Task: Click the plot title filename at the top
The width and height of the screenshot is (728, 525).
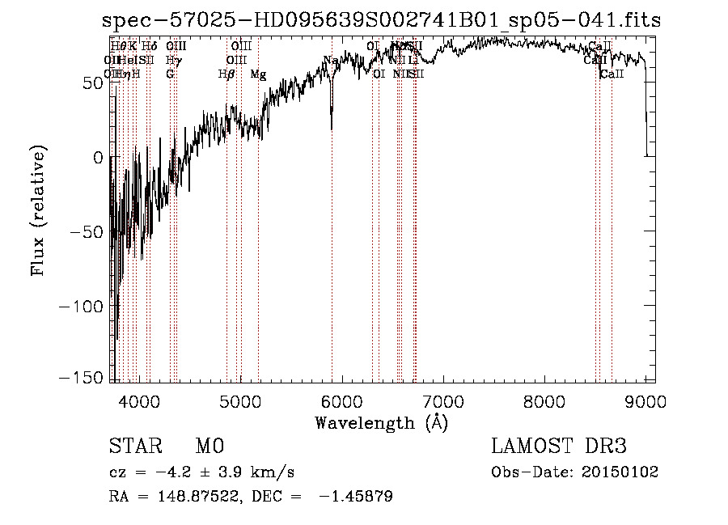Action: coord(382,21)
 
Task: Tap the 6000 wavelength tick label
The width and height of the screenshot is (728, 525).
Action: coord(341,400)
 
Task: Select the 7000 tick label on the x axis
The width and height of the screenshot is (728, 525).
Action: coord(442,400)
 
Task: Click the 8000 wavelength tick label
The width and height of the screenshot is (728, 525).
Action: coord(544,400)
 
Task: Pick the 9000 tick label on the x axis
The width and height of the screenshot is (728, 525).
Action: coord(645,400)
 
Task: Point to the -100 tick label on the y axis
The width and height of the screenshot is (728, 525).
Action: coord(81,306)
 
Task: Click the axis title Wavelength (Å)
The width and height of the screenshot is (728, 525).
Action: coord(381,422)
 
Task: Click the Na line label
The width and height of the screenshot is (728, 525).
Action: coord(330,60)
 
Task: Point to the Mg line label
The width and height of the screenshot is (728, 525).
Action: coord(258,74)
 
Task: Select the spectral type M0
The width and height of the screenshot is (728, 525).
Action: coord(209,447)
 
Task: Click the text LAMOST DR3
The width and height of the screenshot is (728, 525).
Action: coord(559,447)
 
